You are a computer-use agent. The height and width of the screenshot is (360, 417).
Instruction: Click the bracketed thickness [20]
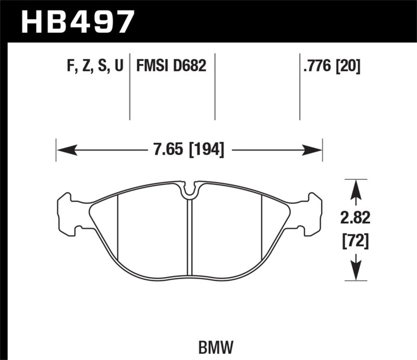349,66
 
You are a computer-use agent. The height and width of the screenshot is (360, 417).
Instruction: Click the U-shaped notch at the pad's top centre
190,191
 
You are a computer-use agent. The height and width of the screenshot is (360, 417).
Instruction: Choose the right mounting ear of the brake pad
313,214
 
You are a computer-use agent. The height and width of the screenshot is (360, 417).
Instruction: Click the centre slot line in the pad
190,234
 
